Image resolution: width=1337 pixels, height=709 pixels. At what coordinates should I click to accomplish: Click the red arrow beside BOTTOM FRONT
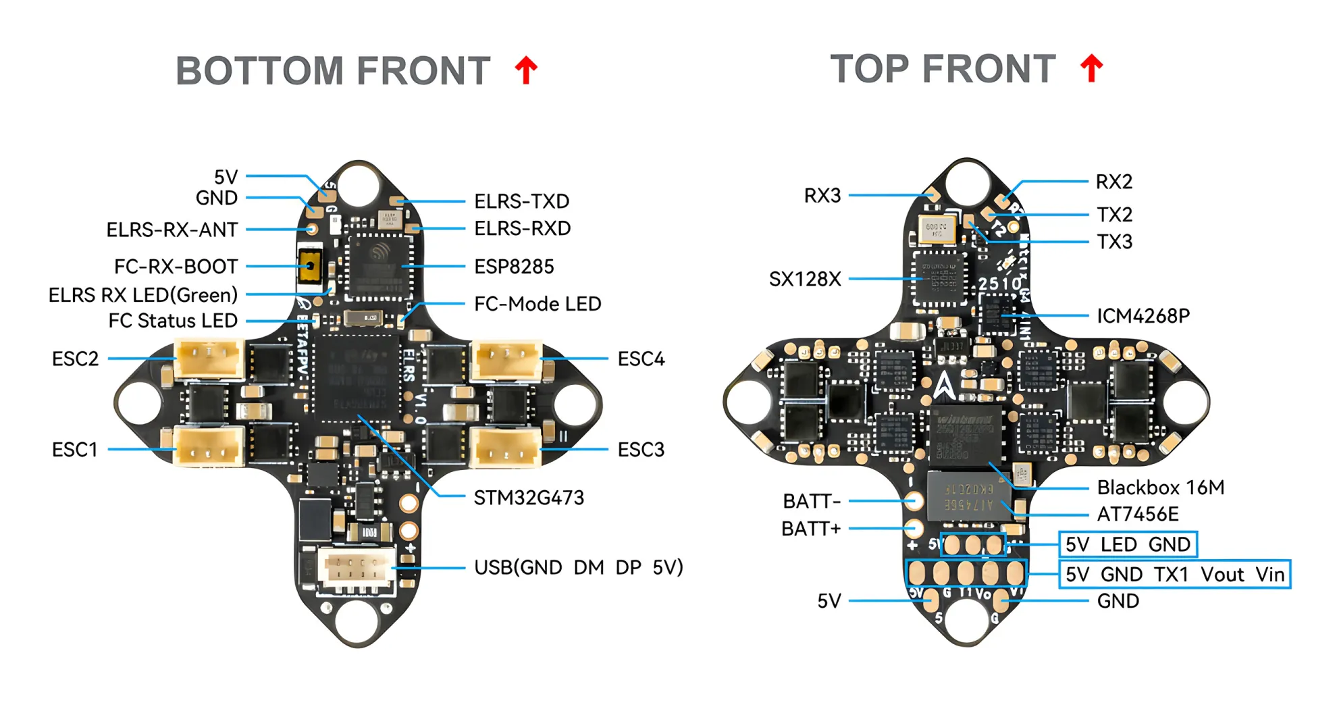526,70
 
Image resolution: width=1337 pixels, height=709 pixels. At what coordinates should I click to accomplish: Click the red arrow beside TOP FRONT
1091,68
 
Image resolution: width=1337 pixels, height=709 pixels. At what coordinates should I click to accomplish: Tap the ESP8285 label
514,267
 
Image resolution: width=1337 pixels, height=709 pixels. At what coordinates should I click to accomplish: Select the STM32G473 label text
529,498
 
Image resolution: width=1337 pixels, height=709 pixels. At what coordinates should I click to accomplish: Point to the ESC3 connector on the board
505,447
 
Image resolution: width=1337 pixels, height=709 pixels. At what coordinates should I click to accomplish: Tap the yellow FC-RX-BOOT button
310,266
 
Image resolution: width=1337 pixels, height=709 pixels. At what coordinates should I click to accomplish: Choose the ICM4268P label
1143,316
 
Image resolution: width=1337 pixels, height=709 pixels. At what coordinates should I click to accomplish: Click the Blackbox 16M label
1160,488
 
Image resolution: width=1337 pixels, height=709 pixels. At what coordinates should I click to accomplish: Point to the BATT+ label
811,529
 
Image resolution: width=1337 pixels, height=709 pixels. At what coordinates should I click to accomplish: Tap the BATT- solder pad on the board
914,500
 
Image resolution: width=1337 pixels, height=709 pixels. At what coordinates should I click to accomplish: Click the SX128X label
805,279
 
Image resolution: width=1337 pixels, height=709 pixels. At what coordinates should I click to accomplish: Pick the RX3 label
822,196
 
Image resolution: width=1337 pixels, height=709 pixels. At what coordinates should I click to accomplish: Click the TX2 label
1114,215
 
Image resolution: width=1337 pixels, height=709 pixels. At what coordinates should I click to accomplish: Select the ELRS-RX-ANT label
172,230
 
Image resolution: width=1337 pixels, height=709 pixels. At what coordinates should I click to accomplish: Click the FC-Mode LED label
538,304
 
